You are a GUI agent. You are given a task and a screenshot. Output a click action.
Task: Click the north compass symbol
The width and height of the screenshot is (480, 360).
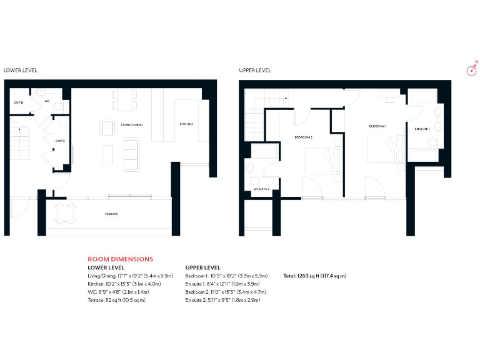point(472,69)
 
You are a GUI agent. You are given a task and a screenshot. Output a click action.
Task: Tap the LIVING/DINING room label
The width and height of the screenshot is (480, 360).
point(132,124)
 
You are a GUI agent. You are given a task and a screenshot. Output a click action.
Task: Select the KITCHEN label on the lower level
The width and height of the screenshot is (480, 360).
point(186,124)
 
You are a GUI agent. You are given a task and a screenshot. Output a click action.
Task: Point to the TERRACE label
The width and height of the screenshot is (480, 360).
point(112,214)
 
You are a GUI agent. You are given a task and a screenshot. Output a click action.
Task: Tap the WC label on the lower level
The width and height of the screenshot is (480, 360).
point(47,101)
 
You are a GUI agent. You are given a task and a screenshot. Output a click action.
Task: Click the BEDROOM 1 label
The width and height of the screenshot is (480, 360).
point(377,126)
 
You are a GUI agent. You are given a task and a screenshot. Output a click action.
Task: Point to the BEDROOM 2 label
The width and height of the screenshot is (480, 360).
point(303,136)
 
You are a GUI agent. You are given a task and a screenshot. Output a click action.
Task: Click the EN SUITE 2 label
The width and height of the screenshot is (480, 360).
point(261,189)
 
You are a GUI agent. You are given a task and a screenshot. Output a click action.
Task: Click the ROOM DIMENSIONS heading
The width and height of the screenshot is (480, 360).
point(120,259)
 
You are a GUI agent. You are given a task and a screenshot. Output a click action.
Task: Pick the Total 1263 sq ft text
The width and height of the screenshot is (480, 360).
point(314,276)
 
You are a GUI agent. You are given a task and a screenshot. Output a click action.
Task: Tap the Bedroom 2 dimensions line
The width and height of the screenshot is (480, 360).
point(222,292)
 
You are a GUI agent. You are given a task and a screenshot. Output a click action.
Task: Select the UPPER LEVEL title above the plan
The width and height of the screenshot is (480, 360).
point(255,71)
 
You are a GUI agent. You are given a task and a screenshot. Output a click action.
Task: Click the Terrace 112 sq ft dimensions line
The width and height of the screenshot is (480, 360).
point(117,300)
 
